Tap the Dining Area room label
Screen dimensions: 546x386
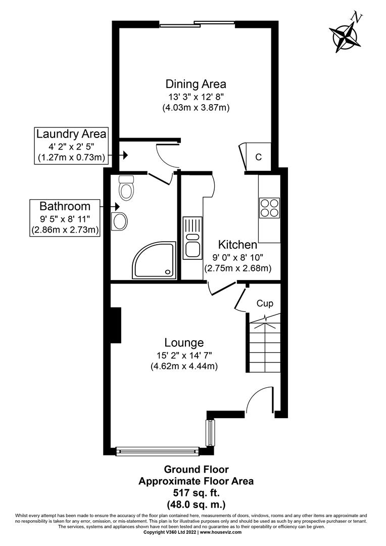pyautogui.click(x=196, y=84)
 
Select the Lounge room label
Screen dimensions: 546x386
pyautogui.click(x=184, y=342)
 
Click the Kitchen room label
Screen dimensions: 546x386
pyautogui.click(x=237, y=245)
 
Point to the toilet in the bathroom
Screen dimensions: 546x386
pyautogui.click(x=125, y=189)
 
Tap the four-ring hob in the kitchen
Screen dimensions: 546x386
pyautogui.click(x=269, y=208)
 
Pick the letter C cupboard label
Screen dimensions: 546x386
pyautogui.click(x=258, y=157)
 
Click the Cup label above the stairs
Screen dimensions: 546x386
pyautogui.click(x=265, y=303)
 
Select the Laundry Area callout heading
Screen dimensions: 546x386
pyautogui.click(x=71, y=134)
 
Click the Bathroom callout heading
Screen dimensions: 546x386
pyautogui.click(x=65, y=206)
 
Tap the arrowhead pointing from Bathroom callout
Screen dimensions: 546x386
pyautogui.click(x=117, y=206)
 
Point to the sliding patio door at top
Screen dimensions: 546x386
pyautogui.click(x=198, y=23)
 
